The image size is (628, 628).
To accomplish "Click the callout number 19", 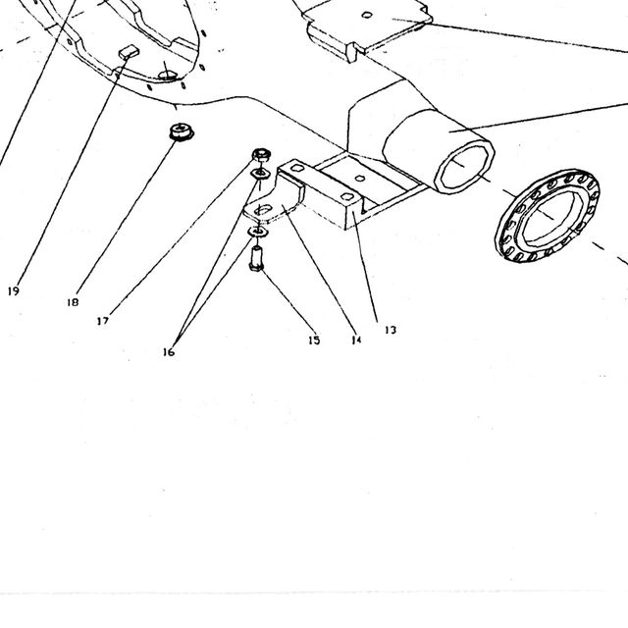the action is point(14,291).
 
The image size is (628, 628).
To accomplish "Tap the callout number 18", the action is point(73,302).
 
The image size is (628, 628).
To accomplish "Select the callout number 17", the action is point(103,321).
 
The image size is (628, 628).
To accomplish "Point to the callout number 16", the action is point(169,352).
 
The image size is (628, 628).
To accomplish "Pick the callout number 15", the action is point(314,340).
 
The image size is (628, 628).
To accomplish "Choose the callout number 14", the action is point(356,340).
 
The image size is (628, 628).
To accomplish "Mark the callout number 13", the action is point(391,330).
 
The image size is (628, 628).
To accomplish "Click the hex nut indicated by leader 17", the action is point(262,154).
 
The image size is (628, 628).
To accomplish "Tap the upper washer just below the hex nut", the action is point(260,174).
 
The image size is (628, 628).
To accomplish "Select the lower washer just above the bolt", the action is point(258,232).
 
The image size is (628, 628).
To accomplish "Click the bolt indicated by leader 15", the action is point(256,259).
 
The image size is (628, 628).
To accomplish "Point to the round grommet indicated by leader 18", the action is point(182,131).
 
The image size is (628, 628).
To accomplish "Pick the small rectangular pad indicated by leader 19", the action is point(129,52).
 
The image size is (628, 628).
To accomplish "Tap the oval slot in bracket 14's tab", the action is point(263,209).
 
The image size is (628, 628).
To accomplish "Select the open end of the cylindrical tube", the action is point(464,168).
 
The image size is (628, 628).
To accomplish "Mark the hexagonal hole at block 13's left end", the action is point(296,167).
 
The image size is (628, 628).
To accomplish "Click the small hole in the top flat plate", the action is point(367,15).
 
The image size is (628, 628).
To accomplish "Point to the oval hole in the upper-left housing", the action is point(167,75).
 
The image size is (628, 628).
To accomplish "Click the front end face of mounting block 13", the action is point(353,212).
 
